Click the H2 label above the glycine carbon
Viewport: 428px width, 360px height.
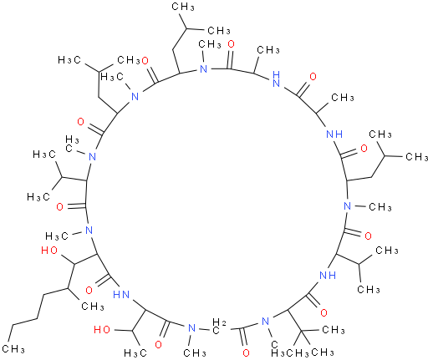coord(219,322)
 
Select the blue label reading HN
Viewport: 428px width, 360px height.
coord(121,294)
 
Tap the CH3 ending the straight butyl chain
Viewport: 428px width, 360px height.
coord(13,348)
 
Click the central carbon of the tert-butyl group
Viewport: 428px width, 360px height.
coord(302,331)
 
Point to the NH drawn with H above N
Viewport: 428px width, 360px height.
coord(277,79)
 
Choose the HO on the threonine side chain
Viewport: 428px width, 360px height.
coord(102,330)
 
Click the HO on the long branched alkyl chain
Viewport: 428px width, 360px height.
coord(49,251)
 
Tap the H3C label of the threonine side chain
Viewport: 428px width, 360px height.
coord(135,353)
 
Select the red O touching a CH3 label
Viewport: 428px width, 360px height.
coord(145,61)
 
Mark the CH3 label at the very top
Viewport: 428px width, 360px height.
coord(183,7)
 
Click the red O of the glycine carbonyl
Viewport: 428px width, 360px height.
coord(246,353)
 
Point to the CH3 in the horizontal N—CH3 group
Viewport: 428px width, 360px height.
coord(380,207)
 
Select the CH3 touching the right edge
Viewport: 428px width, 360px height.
coord(417,156)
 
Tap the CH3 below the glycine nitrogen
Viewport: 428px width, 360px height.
coord(195,353)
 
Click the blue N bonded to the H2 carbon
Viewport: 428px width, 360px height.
coord(191,327)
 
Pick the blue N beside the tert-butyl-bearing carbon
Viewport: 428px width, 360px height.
coord(266,322)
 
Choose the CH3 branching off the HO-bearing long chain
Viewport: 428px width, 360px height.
coord(93,307)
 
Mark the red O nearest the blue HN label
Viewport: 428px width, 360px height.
coord(89,291)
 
